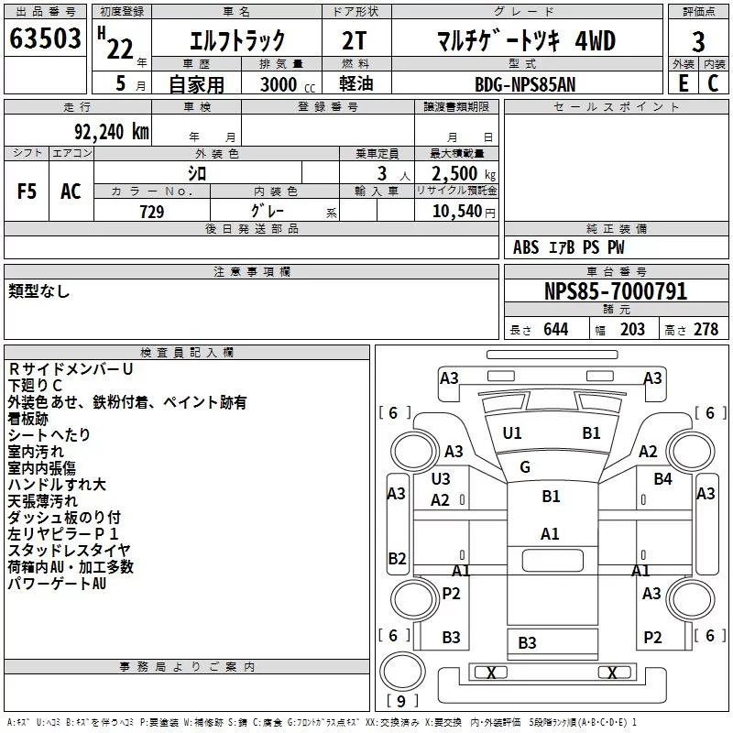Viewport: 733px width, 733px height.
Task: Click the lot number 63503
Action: click(45, 38)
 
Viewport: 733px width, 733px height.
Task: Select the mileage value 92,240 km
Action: click(112, 132)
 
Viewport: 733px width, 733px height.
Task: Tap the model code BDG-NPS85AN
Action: click(525, 84)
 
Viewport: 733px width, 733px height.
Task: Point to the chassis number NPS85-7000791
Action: click(616, 291)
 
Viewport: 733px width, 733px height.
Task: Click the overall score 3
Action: click(698, 42)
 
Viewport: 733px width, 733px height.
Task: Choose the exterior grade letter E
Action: click(684, 83)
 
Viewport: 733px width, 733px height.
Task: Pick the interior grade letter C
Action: click(713, 83)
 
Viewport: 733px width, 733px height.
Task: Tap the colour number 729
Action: click(152, 212)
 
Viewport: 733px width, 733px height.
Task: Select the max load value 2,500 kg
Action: click(464, 174)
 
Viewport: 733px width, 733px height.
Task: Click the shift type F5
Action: click(27, 191)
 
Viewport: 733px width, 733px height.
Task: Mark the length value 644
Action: click(556, 329)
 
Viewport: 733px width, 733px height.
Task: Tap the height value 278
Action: click(706, 329)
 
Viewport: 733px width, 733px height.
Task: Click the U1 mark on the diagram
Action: click(512, 433)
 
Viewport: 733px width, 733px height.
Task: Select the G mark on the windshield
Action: click(525, 466)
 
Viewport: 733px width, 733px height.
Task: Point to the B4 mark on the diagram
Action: click(662, 478)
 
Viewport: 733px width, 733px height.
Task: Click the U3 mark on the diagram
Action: click(441, 478)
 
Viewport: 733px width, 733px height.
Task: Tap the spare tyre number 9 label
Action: click(401, 701)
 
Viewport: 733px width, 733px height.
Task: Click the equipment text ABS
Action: click(526, 247)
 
